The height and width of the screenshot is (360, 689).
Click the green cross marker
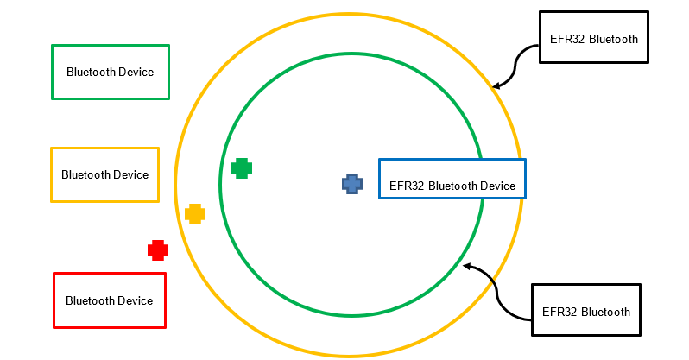tap(242, 168)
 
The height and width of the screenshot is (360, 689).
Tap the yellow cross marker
tap(195, 214)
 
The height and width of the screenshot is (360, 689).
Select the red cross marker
tap(157, 250)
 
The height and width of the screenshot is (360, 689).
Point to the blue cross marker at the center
tap(351, 183)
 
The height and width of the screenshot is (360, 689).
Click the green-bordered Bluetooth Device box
tap(111, 72)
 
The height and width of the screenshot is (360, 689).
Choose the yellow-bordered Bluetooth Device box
tap(105, 174)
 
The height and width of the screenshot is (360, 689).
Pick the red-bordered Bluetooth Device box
tap(110, 300)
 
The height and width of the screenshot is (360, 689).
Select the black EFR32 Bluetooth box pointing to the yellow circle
tap(593, 37)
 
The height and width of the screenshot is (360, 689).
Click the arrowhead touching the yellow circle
tap(496, 86)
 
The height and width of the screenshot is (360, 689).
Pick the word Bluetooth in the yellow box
tap(85, 174)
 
